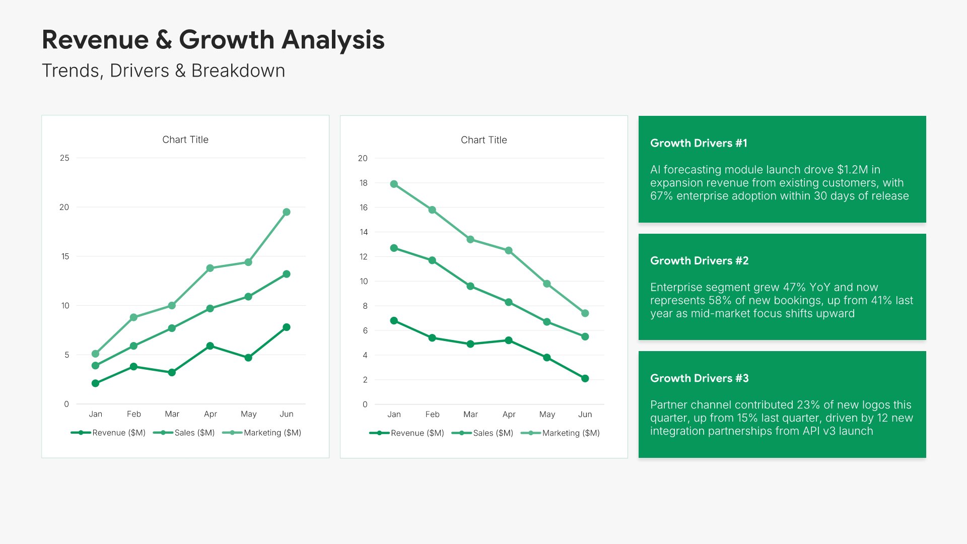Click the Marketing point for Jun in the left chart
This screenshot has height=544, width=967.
(x=287, y=212)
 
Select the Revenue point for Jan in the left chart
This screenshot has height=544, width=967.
(x=96, y=383)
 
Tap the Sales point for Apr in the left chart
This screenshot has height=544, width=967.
(x=210, y=308)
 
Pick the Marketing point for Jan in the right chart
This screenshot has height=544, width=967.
(x=394, y=184)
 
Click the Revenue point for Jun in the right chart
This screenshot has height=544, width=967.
(x=585, y=378)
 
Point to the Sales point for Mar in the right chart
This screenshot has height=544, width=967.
(x=470, y=286)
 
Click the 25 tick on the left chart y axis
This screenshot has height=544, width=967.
(x=64, y=158)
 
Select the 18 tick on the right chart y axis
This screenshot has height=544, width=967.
(x=363, y=183)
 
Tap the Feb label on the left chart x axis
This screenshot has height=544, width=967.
(x=134, y=414)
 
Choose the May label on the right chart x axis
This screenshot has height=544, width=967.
(x=547, y=415)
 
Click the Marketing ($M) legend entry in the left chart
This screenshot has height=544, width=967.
(x=272, y=433)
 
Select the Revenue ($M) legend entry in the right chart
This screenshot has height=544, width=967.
(x=417, y=433)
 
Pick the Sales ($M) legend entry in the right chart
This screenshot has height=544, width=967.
(x=493, y=433)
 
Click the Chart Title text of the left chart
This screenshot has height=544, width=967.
(x=185, y=140)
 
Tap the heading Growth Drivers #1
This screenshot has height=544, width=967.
(x=699, y=143)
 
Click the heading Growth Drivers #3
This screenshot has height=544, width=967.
(x=699, y=378)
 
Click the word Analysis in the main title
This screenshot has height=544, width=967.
(x=333, y=40)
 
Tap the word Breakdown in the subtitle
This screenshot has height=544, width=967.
(x=238, y=71)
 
